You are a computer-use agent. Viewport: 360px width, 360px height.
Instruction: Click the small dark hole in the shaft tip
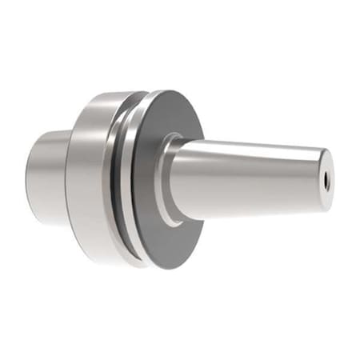(326, 180)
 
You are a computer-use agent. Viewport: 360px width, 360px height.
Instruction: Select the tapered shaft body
(248, 176)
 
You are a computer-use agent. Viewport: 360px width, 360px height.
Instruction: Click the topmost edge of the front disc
(168, 90)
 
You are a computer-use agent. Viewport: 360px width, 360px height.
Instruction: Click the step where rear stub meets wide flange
(68, 144)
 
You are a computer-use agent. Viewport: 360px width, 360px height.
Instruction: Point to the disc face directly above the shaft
(176, 116)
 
